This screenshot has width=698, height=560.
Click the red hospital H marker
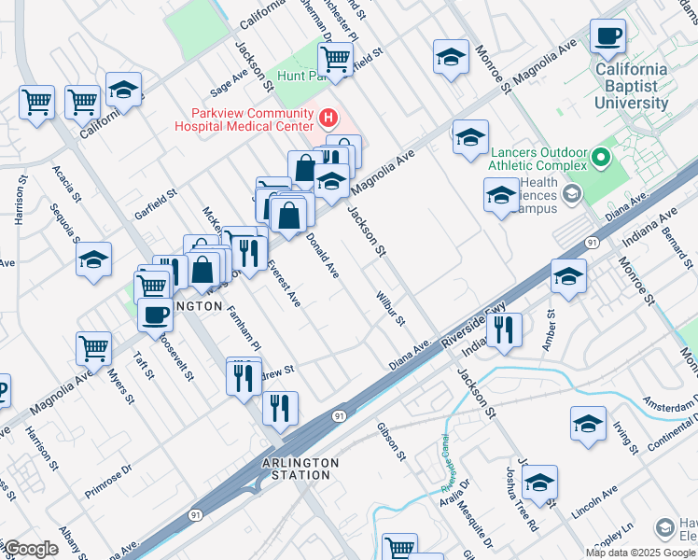coord(328,119)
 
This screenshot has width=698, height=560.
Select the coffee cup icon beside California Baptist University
coord(608,37)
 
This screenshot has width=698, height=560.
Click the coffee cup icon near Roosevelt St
coord(155,315)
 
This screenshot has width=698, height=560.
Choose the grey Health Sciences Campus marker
coord(571,194)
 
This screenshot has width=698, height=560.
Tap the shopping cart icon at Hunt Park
coord(335,59)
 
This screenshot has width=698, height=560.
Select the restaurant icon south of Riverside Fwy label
coord(504,329)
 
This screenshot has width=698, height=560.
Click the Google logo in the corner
coord(30,548)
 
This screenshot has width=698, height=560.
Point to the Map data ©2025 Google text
coord(640,553)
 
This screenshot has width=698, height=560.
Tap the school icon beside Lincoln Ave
coord(539,483)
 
